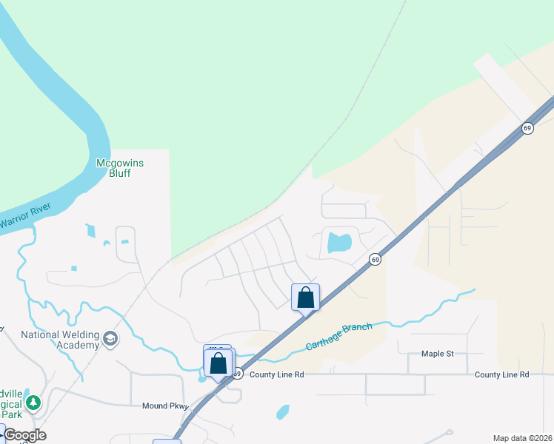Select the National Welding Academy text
tap(60, 340)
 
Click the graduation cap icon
tap(111, 339)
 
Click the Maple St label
tap(437, 354)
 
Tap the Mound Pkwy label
tap(164, 406)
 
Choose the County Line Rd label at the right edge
tap(501, 374)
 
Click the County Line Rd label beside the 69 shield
tap(277, 374)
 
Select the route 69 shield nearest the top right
tap(527, 128)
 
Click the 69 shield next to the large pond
tap(376, 260)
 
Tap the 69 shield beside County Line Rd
tap(236, 374)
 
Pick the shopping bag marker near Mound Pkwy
tap(218, 363)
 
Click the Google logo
tap(24, 435)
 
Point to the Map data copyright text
tap(523, 438)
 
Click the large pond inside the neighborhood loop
tap(338, 242)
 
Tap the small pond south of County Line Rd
tap(282, 411)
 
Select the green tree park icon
tap(33, 403)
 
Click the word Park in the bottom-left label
tap(11, 414)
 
